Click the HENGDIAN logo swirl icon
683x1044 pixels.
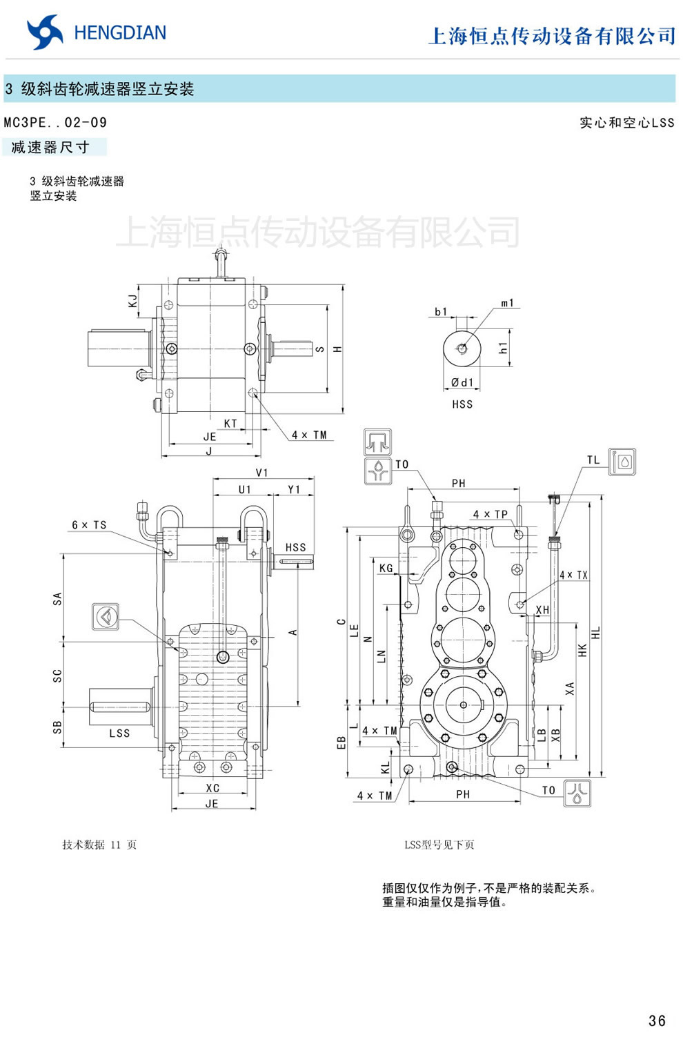tap(45, 32)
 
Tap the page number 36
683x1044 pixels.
tap(657, 1021)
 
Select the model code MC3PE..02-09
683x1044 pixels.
tap(55, 123)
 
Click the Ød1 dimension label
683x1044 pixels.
tap(462, 382)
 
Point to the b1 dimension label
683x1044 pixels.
tap(441, 312)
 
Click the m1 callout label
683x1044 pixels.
tap(507, 303)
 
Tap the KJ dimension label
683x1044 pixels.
tap(132, 301)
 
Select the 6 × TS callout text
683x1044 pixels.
tap(89, 525)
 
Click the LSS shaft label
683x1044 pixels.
tap(119, 733)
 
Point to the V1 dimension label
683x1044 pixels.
tap(261, 473)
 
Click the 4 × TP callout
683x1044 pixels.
tap(490, 514)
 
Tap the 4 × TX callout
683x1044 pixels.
tap(573, 575)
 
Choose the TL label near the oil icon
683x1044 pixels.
tap(593, 460)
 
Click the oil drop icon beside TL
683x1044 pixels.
tap(624, 462)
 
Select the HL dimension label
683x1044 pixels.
tap(596, 633)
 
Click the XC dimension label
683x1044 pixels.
tap(212, 788)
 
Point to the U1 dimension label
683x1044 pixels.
tap(245, 489)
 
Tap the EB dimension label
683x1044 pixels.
tap(341, 742)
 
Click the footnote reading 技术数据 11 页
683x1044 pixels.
tap(99, 845)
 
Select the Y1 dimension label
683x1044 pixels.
tap(294, 489)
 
